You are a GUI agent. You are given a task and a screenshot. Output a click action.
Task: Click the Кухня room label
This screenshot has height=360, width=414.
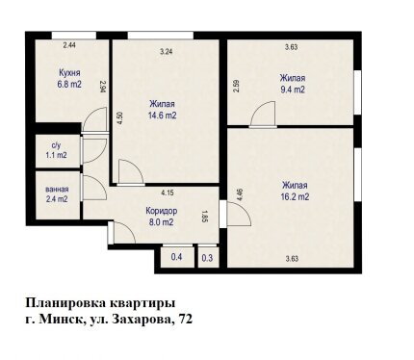pyautogui.click(x=69, y=73)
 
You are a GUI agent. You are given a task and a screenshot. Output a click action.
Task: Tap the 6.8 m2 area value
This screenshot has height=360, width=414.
pyautogui.click(x=69, y=85)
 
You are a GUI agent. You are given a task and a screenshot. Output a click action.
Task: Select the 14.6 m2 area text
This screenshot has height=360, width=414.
pyautogui.click(x=162, y=116)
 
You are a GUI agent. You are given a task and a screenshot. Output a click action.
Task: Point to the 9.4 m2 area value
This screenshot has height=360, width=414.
pyautogui.click(x=293, y=90)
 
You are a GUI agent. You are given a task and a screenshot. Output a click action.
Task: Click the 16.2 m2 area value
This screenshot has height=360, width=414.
pyautogui.click(x=295, y=196)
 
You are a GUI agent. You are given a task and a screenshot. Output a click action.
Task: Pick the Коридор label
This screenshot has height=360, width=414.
pyautogui.click(x=161, y=211)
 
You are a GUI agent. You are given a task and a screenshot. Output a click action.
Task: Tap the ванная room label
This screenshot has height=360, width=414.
pyautogui.click(x=57, y=190)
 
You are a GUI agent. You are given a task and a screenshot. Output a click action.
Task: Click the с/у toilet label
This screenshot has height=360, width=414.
pyautogui.click(x=56, y=145)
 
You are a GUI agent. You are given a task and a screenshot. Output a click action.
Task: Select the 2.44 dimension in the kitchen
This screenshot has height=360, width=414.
pyautogui.click(x=69, y=45)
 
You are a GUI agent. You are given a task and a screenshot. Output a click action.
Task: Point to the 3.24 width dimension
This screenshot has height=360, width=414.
pyautogui.click(x=167, y=52)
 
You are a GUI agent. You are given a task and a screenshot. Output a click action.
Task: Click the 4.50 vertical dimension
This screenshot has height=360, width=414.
pyautogui.click(x=119, y=118)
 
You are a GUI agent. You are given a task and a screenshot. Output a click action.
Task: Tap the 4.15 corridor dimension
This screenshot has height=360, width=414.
pyautogui.click(x=168, y=193)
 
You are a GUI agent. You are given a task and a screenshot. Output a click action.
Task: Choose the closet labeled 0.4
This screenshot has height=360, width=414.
pyautogui.click(x=177, y=257)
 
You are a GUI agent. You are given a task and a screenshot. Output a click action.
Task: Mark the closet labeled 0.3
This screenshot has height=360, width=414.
pyautogui.click(x=208, y=258)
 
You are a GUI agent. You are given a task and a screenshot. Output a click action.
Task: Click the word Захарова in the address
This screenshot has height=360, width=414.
pyautogui.click(x=142, y=320)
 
